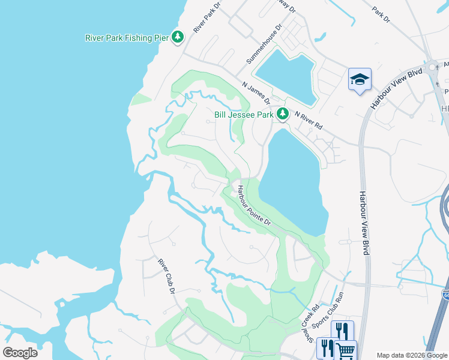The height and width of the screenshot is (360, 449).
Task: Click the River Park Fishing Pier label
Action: pos(127,38)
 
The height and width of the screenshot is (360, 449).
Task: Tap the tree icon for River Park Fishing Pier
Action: pos(178,37)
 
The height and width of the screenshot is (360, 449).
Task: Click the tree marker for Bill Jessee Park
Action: pos(282,113)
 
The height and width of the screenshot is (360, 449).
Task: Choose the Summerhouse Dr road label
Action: pos(264,44)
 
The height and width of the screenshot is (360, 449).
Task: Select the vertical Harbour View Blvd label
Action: pos(363,223)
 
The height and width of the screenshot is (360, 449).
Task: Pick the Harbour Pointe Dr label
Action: pos(253,205)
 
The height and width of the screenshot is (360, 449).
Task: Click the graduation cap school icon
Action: pos(360,79)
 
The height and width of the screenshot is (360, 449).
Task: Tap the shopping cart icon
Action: pos(345,350)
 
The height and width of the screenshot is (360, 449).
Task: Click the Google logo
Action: pos(20,352)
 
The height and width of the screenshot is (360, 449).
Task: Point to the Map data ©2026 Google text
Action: pos(412,355)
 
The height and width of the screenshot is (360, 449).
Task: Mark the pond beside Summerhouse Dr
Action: pos(286,75)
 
